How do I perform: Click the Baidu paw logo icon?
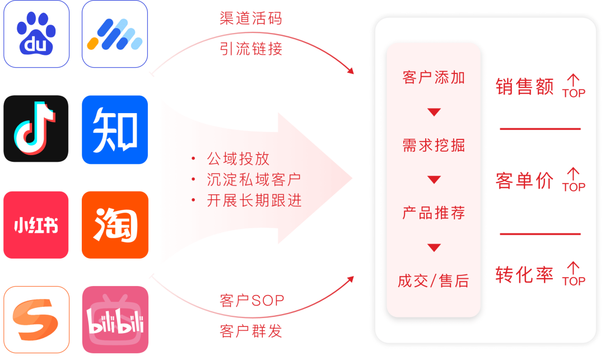pos(36,34)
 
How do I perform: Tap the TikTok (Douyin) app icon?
pos(36,128)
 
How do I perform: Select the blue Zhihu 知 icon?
pos(115,129)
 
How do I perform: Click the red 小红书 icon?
pos(36,225)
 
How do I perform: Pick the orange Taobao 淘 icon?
pos(115,225)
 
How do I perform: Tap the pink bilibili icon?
pos(115,319)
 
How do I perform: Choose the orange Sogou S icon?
pos(36,319)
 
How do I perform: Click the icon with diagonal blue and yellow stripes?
pos(115,34)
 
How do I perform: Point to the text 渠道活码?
pos(251,18)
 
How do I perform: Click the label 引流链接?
pos(251,49)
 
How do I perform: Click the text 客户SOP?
pos(252,301)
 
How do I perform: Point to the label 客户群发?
pos(251,331)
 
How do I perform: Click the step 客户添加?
pos(434,78)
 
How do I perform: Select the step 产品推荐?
pos(434,213)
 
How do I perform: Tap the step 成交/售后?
pos(434,281)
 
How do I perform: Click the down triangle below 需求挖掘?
pos(434,180)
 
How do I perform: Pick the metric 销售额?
pos(524,87)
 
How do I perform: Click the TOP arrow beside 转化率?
pos(573,274)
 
